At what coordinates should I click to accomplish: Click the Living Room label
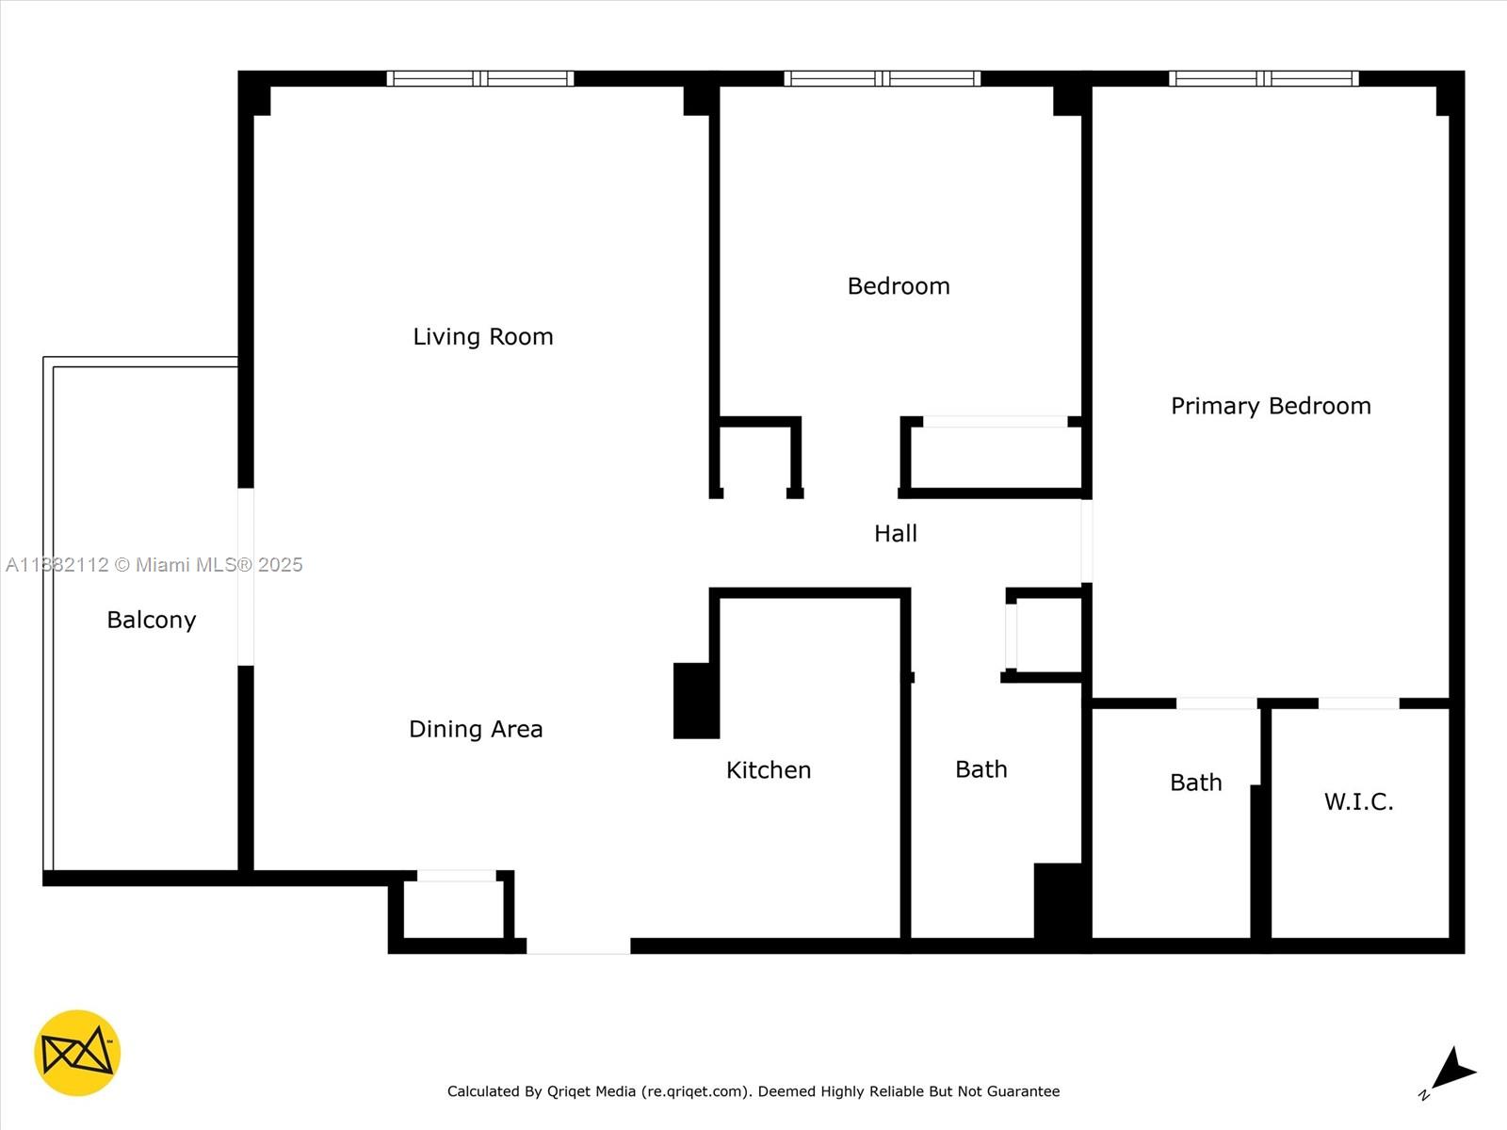pos(482,336)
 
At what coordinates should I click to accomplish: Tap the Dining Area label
pos(476,729)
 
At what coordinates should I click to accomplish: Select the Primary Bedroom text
pos(1271,406)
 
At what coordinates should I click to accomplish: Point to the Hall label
pos(895,534)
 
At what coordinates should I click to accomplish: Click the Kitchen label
pos(768,770)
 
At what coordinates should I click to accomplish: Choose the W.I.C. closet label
pos(1358,801)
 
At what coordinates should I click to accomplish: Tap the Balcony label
pos(152,620)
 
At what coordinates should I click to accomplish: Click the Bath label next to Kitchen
pos(980,769)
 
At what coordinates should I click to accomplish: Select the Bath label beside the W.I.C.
pos(1195,783)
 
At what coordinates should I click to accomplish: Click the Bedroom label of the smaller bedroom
pos(899,286)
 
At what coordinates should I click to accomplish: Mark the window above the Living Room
pos(480,79)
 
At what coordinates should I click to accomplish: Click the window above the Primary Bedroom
pos(1263,79)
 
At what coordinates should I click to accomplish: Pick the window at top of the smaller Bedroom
pos(882,79)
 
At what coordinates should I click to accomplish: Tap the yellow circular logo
pos(77,1053)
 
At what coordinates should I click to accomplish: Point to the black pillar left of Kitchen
pos(696,701)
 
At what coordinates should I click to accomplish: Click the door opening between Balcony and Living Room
pos(246,576)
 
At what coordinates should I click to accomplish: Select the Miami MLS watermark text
pos(154,565)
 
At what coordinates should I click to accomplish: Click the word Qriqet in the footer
pos(568,1091)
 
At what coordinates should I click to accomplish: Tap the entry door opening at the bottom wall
pos(577,945)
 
